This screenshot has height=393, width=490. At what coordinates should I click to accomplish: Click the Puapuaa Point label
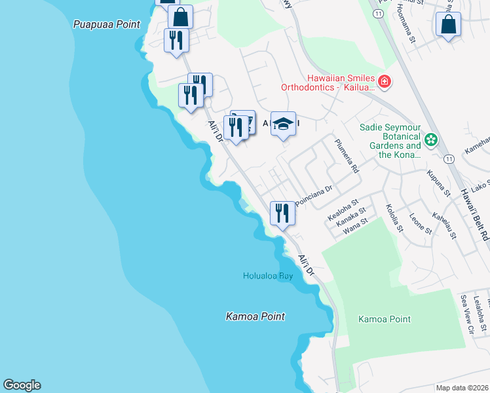tap(106, 24)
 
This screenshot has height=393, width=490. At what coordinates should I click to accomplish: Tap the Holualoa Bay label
tap(267, 276)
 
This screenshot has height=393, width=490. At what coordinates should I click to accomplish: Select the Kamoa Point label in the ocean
tap(255, 316)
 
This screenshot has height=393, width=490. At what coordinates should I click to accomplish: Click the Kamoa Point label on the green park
tap(385, 320)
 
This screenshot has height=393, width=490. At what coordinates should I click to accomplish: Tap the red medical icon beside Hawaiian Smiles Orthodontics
tap(385, 82)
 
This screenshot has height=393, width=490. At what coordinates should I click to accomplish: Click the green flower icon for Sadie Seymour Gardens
tap(431, 139)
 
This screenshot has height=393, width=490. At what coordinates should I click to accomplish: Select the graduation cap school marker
tap(283, 124)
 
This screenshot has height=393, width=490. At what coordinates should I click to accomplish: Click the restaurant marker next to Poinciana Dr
tap(282, 214)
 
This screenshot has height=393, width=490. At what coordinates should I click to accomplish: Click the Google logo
tap(22, 385)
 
